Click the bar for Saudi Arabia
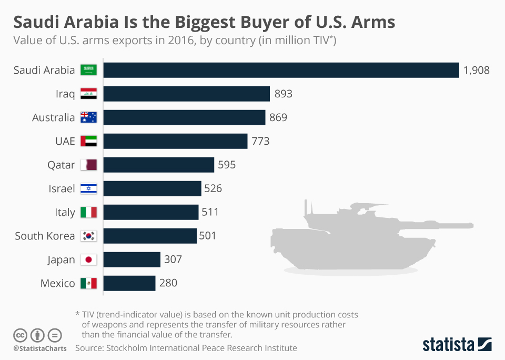(x=281, y=70)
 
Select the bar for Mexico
(x=129, y=283)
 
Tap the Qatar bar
(x=159, y=165)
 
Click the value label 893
(x=283, y=94)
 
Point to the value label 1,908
(x=476, y=70)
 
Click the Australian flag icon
(x=88, y=117)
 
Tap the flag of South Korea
(x=88, y=236)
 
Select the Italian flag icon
(x=88, y=212)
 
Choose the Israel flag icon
(x=88, y=188)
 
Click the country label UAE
(x=65, y=141)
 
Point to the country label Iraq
(x=65, y=94)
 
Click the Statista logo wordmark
(x=448, y=345)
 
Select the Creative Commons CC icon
(x=20, y=335)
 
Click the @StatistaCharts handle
(x=40, y=348)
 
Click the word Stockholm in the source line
(x=127, y=348)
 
